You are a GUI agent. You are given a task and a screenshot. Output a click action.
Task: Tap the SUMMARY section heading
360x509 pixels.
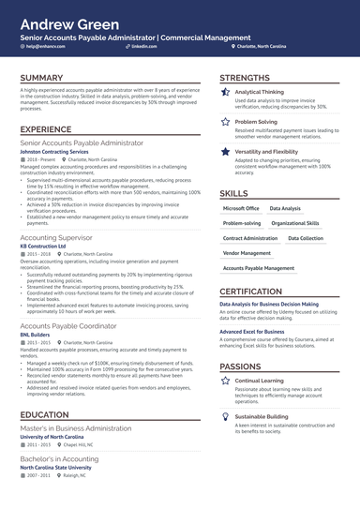(x=41, y=78)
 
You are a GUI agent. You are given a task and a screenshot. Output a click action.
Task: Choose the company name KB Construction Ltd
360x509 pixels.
(x=50, y=247)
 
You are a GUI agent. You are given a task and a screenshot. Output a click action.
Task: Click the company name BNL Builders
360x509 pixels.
(x=37, y=334)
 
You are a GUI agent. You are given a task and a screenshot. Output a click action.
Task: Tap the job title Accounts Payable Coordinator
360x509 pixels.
(x=68, y=325)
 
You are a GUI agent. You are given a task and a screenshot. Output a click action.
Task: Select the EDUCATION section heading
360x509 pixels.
(x=44, y=414)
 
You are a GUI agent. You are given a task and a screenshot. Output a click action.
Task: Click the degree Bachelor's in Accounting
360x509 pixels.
(x=62, y=459)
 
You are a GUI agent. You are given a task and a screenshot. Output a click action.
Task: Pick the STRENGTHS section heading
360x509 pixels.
(x=245, y=78)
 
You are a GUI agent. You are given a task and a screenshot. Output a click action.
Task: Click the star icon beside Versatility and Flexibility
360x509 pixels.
(x=226, y=150)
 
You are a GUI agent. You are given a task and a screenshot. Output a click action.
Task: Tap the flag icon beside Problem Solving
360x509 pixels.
(x=226, y=122)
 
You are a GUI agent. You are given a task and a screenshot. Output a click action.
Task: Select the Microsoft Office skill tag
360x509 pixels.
(x=241, y=209)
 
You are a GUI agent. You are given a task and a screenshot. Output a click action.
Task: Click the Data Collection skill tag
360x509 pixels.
(x=306, y=238)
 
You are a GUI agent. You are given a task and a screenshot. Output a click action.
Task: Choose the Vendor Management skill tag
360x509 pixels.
(x=247, y=253)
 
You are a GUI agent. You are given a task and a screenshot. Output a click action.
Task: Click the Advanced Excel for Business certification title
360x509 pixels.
(x=252, y=332)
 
